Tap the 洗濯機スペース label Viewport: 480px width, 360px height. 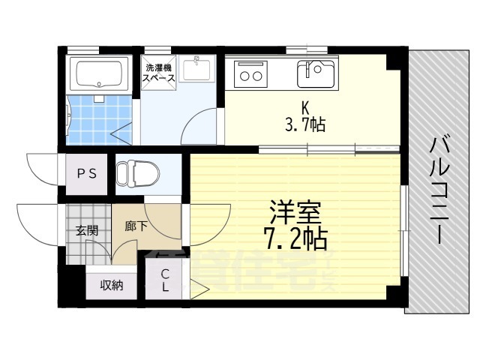click(160, 73)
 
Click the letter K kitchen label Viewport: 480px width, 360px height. click(306, 108)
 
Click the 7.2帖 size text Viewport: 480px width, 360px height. click(295, 241)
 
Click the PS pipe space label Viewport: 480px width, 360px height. click(86, 173)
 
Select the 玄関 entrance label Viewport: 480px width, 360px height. click(86, 230)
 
